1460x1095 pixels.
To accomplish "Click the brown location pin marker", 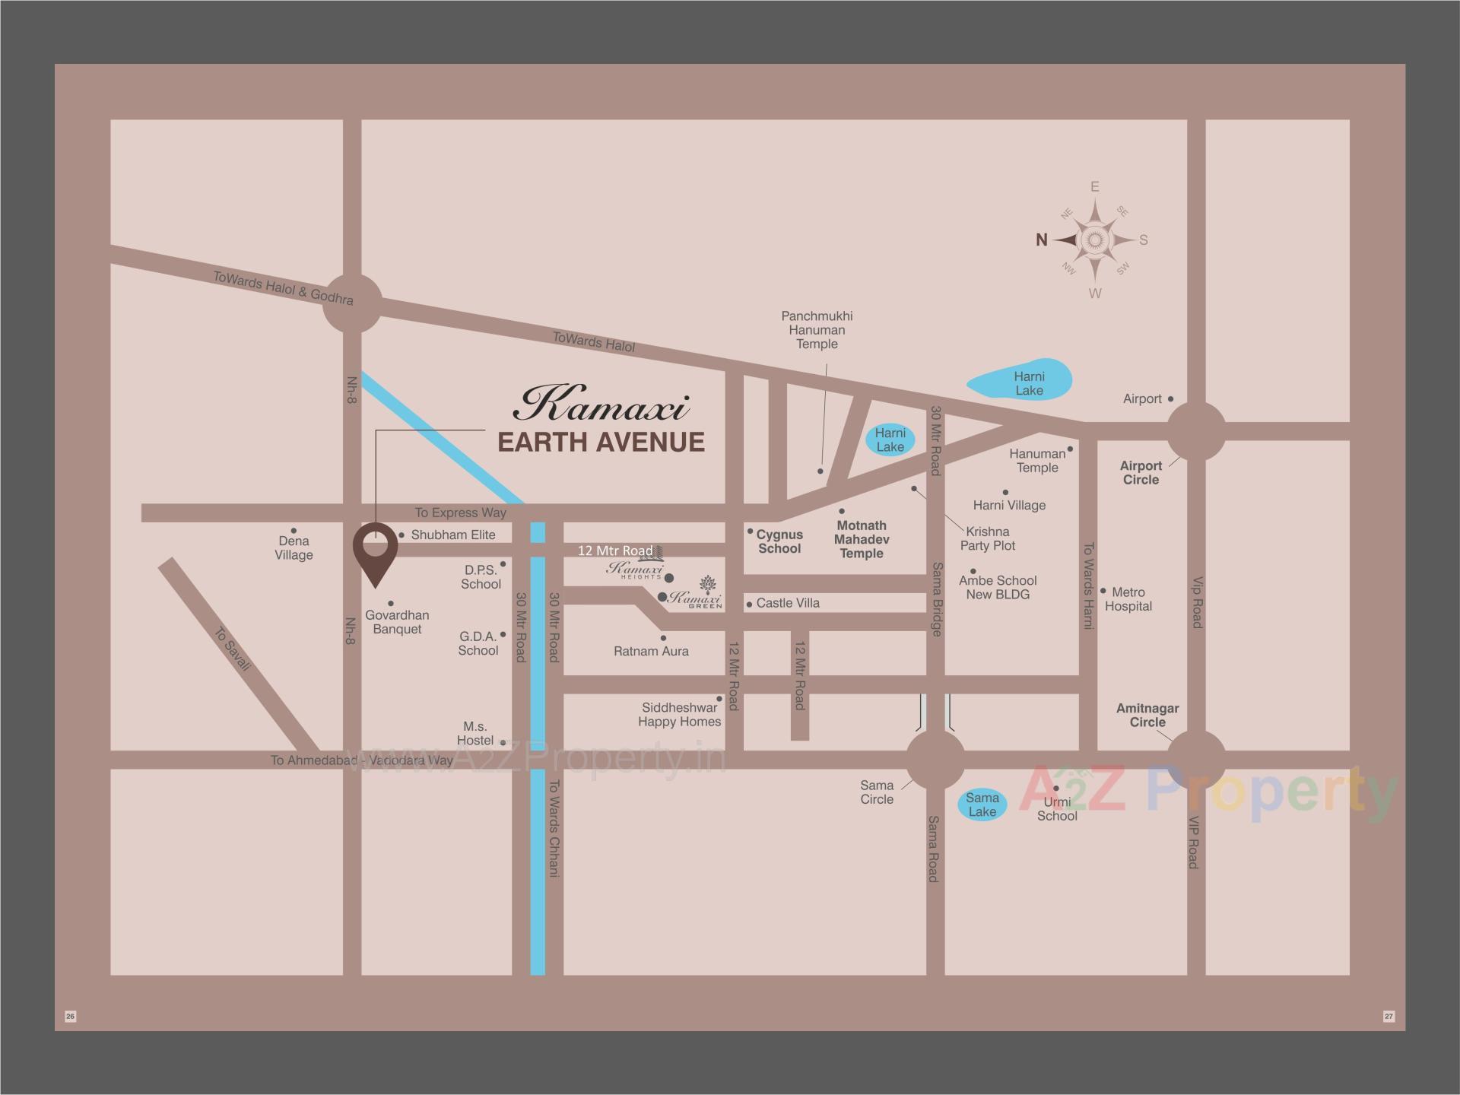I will coord(376,551).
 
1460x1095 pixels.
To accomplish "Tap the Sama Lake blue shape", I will coord(982,805).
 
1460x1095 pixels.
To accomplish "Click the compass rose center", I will coord(1094,240).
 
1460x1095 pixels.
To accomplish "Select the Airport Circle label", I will coord(1141,472).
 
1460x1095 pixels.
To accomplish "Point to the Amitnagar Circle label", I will coord(1147,715).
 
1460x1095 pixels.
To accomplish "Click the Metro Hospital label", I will coord(1128,599).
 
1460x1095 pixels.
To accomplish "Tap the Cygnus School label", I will coord(779,541).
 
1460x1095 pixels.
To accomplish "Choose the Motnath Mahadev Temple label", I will coord(862,539).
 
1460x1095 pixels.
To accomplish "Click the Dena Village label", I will coord(294,547).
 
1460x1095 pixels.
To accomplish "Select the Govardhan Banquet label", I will coord(397,622).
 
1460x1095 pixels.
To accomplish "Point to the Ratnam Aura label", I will coord(651,651).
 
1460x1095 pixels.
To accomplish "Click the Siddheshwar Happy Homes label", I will coord(679,714).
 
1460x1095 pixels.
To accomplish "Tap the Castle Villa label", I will coord(788,603).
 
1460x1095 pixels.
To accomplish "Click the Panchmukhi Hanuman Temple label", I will coord(817,330).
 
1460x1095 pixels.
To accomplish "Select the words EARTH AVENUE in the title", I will coord(601,442).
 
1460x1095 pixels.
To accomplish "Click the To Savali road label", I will coord(233,649).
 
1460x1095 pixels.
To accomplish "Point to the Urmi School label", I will coord(1057,809).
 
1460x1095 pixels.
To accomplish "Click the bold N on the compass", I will coord(1042,240).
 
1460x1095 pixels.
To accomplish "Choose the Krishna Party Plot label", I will coord(987,538).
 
